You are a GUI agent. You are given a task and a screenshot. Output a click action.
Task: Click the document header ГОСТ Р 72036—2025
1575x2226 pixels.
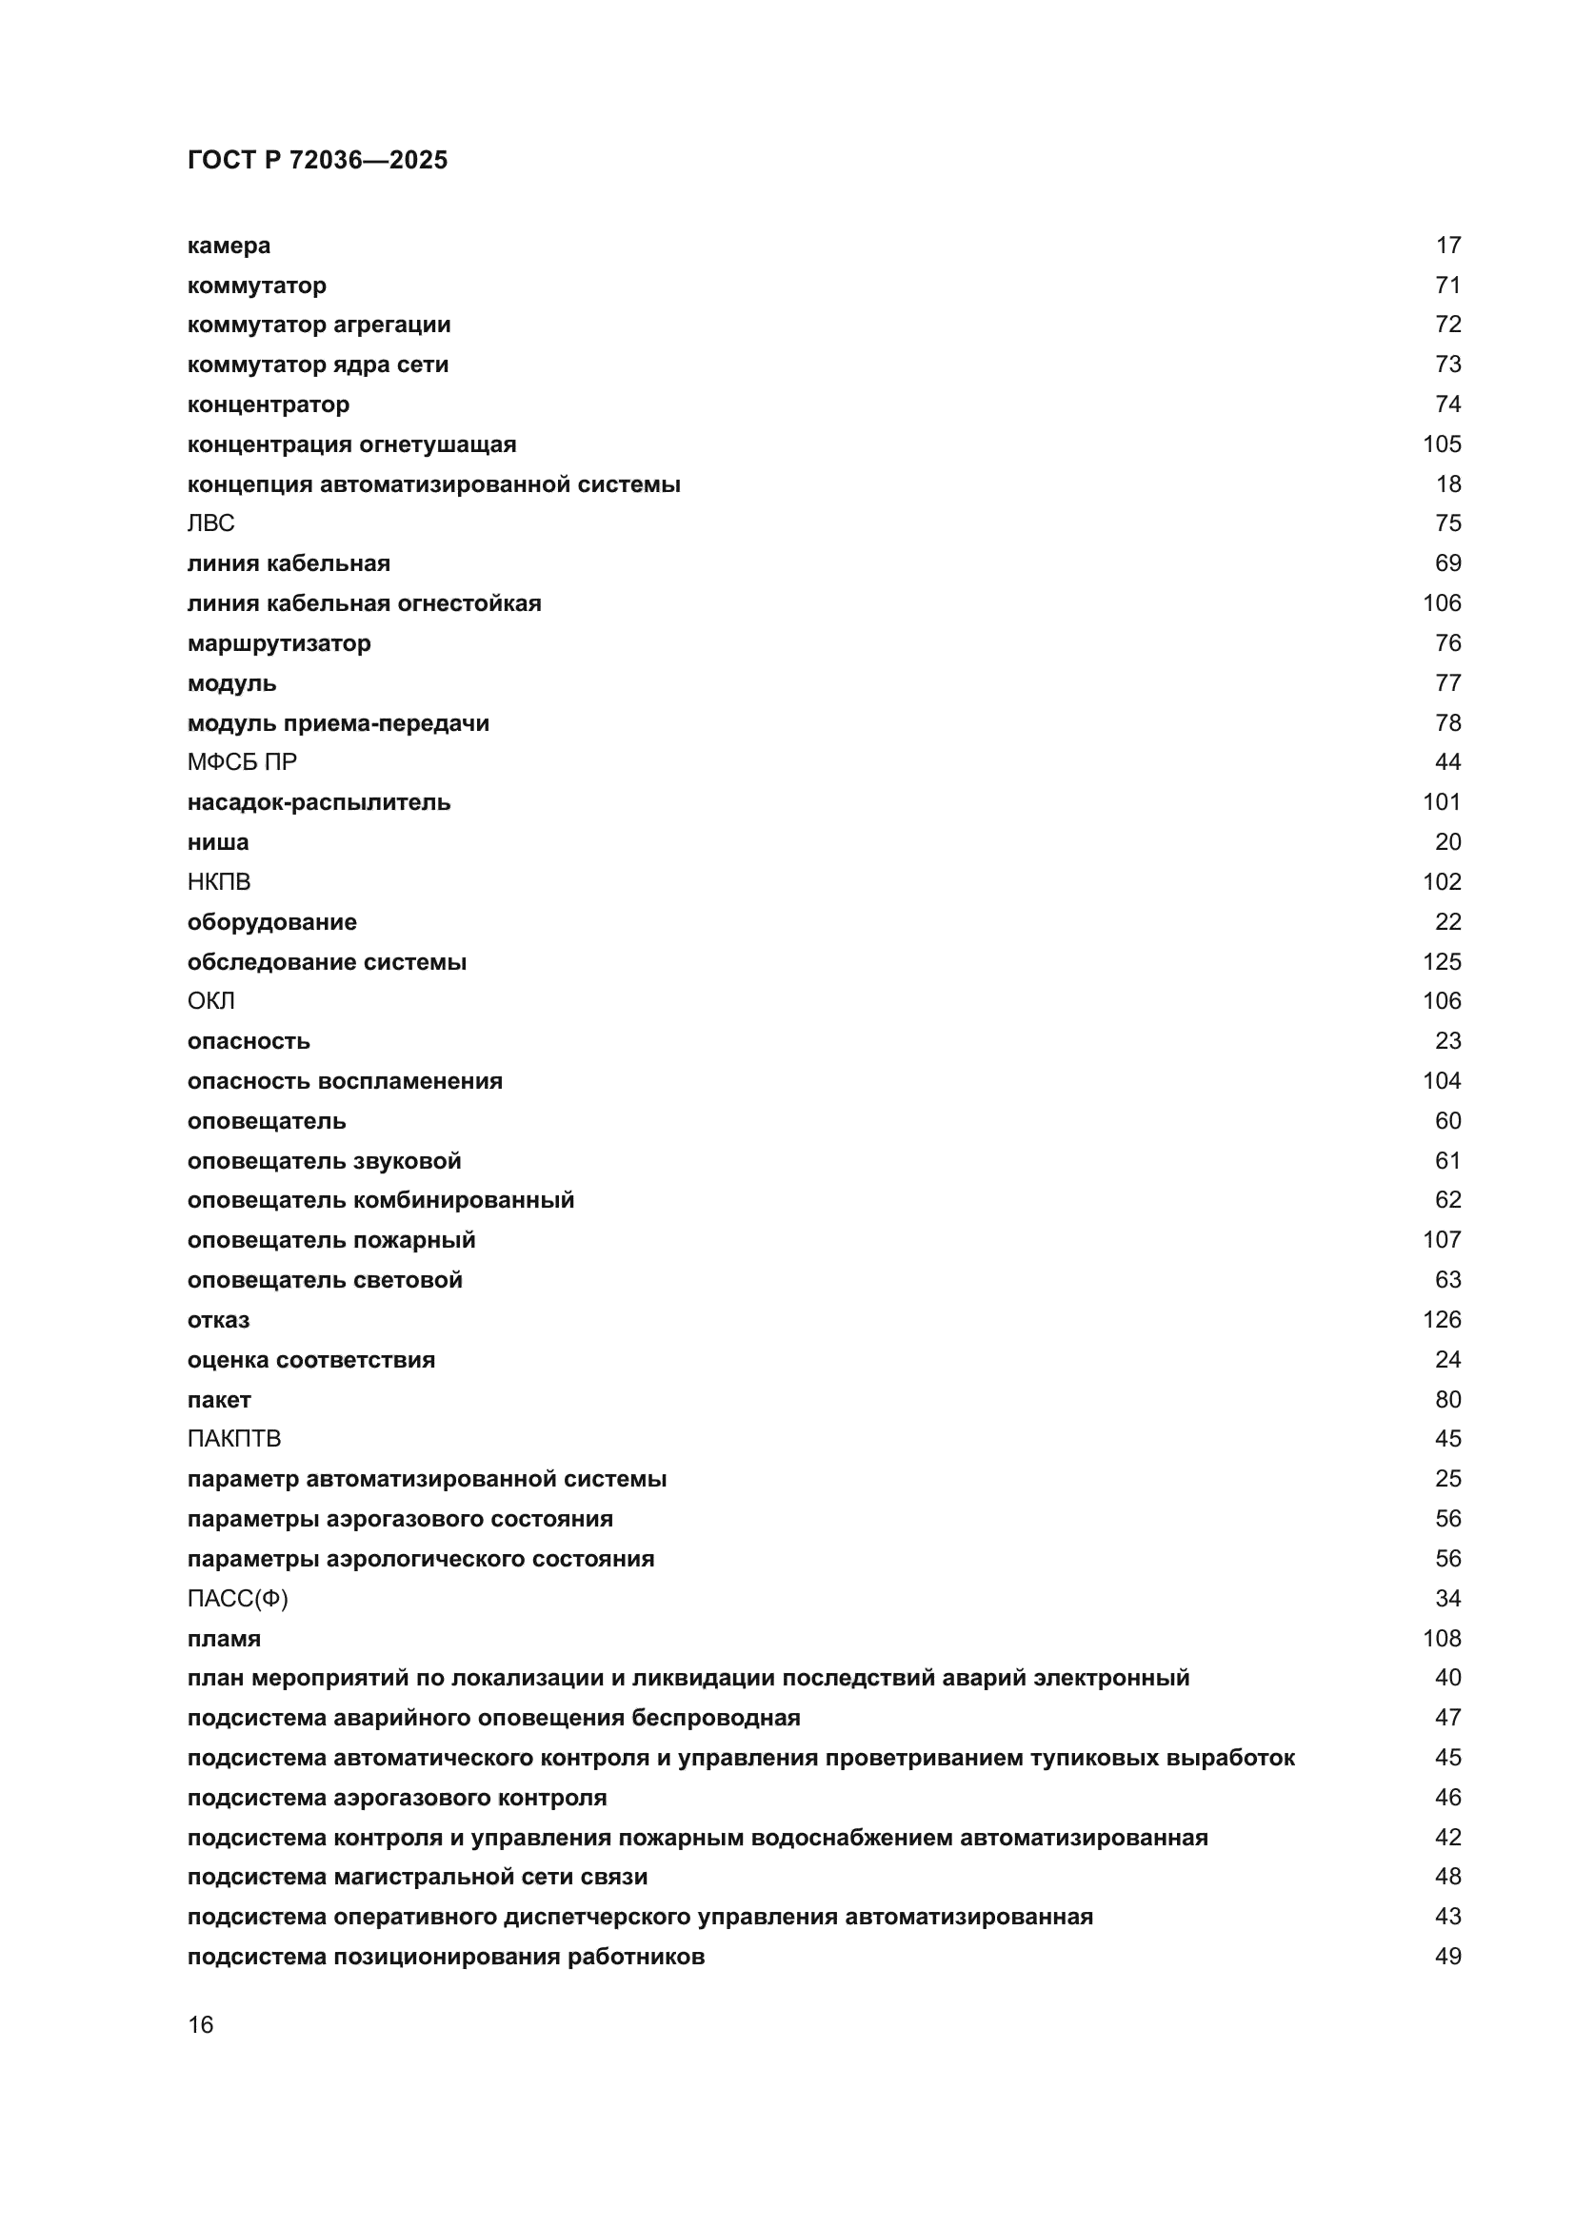(317, 160)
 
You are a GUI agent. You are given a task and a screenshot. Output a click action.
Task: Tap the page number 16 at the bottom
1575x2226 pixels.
(201, 2025)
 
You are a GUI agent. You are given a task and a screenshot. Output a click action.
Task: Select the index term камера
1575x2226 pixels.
(229, 246)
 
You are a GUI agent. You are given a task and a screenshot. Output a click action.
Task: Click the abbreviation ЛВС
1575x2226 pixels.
(210, 523)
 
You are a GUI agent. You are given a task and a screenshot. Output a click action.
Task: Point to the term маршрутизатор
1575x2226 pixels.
(279, 643)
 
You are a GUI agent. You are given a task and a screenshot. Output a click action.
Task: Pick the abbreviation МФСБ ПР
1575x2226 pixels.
(243, 762)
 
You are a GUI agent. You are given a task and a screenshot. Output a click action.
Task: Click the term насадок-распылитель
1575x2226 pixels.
(319, 803)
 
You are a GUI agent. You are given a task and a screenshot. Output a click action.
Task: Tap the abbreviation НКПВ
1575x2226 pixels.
(219, 882)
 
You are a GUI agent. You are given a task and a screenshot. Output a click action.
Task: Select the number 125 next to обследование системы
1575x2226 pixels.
(1441, 962)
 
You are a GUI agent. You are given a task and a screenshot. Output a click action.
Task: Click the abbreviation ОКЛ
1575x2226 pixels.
(210, 1000)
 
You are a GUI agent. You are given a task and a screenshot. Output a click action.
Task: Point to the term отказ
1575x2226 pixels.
(218, 1321)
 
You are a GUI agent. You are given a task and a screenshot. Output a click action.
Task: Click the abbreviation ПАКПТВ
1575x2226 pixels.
(233, 1439)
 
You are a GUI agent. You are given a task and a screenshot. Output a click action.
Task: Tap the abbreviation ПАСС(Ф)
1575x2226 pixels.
(238, 1599)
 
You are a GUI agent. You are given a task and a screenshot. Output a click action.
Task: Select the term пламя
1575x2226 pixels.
(224, 1640)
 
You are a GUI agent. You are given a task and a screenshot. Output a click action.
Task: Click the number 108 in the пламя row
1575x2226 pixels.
(1441, 1639)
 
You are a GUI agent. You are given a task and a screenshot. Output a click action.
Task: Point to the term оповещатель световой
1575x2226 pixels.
(325, 1281)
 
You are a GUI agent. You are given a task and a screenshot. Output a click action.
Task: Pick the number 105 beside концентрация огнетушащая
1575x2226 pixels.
(1441, 444)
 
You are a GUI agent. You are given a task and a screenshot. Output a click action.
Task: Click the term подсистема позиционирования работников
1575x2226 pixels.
(446, 1957)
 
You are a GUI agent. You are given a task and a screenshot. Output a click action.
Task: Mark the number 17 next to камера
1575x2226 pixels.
(1448, 246)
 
